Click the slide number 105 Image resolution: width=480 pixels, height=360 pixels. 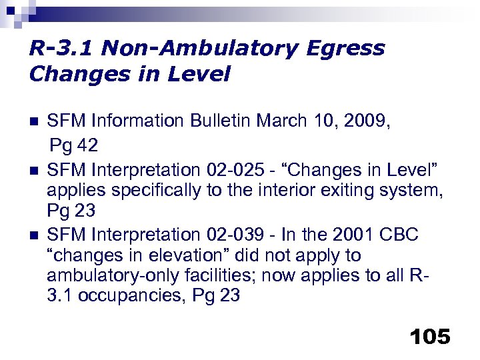[431, 337]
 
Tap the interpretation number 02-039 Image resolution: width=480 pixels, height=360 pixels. [231, 234]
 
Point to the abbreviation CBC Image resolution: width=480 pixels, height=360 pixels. [401, 234]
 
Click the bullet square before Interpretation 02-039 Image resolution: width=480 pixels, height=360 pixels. [35, 235]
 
